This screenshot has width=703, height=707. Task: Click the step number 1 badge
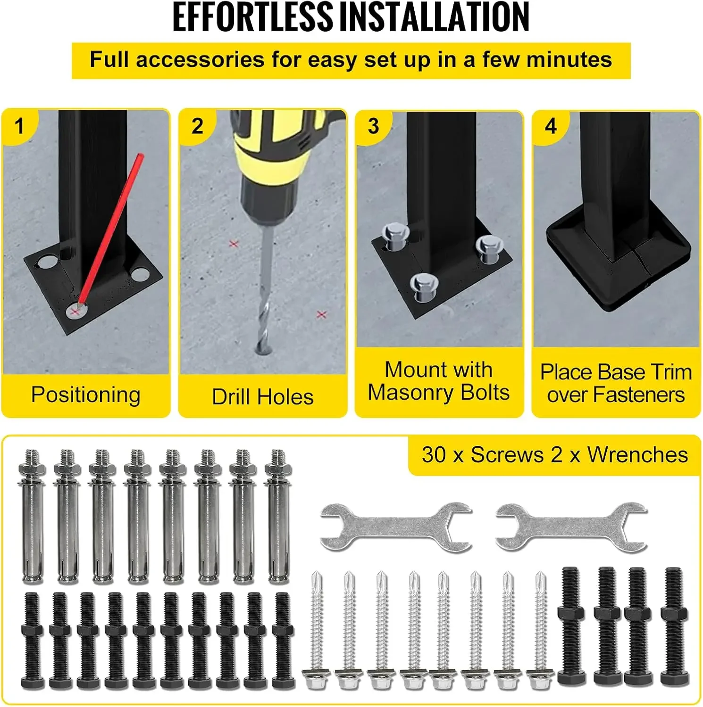pyautogui.click(x=19, y=126)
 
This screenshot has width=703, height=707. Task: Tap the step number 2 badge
pyautogui.click(x=197, y=126)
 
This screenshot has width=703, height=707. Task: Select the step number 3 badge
pyautogui.click(x=373, y=126)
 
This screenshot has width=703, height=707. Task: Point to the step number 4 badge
pyautogui.click(x=551, y=126)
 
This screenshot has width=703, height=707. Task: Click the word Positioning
pyautogui.click(x=86, y=395)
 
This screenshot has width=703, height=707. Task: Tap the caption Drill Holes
pyautogui.click(x=263, y=397)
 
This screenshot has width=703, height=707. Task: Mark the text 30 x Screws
pyautogui.click(x=482, y=455)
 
